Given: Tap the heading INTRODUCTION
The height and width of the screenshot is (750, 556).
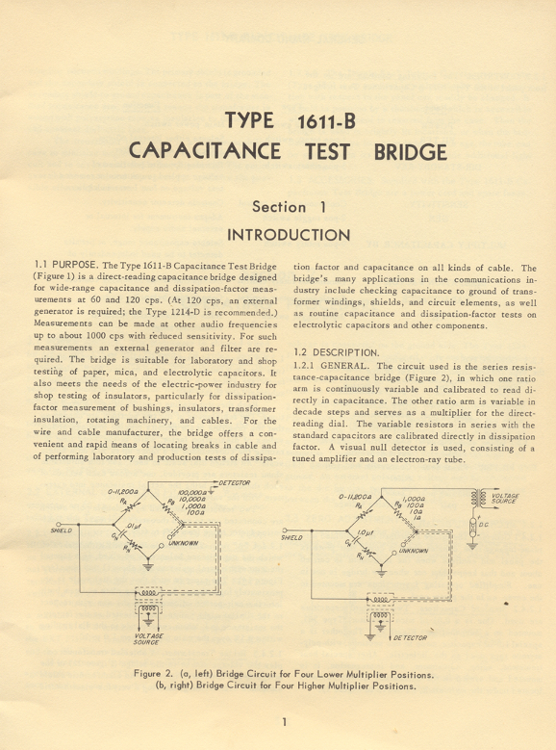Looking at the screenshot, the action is pos(289,235).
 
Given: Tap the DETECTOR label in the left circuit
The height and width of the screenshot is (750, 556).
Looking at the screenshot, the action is pos(235,482).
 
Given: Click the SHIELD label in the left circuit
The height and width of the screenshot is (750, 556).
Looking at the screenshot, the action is pos(60,530).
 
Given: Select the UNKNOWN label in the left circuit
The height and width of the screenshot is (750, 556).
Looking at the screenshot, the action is pos(184,544).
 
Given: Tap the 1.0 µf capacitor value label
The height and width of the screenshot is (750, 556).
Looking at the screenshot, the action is pos(364,530).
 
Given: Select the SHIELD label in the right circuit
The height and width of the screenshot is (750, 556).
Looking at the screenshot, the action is pos(292,537).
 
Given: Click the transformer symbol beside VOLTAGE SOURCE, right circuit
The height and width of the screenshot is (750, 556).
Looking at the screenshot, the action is pos(475,498).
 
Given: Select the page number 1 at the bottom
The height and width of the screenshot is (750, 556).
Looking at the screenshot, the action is pos(285,722).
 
